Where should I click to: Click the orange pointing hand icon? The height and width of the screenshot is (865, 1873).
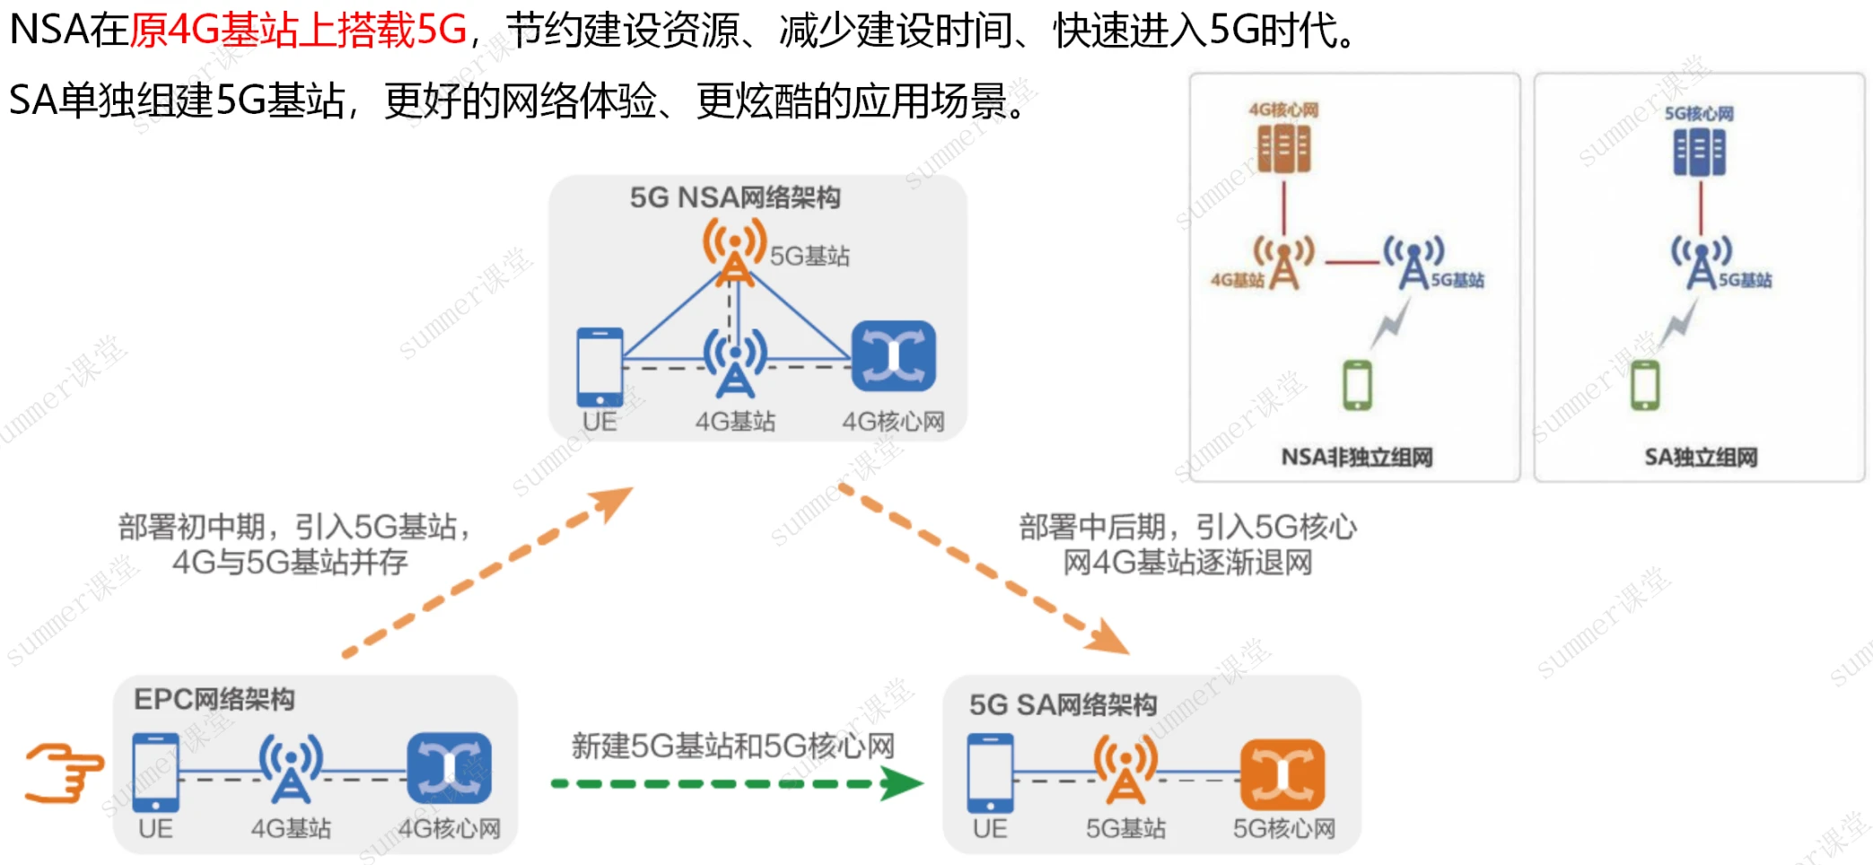(63, 773)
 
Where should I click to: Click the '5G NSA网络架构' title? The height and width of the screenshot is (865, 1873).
(734, 197)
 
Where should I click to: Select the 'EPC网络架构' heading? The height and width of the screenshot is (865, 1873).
(214, 699)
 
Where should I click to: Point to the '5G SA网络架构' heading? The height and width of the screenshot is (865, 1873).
(1063, 704)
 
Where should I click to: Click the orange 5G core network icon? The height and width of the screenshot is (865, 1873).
(1282, 773)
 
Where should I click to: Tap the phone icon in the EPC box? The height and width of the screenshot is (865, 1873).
(155, 773)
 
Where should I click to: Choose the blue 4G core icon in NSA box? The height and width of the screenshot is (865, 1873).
(893, 356)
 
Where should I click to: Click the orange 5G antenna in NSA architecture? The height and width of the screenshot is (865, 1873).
(734, 251)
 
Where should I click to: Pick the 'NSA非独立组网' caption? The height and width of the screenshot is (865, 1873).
(1356, 458)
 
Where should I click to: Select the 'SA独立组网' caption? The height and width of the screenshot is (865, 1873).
(1700, 458)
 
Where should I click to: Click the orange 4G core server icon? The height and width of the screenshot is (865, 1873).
(1283, 149)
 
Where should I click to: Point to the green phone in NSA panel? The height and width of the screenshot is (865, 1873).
(1357, 385)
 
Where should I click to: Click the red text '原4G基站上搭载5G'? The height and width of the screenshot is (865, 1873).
(299, 30)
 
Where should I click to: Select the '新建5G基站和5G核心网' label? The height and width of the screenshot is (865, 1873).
(732, 746)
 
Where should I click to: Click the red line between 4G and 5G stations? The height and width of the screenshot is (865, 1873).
(1352, 262)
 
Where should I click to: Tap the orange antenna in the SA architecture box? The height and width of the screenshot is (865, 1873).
(1125, 769)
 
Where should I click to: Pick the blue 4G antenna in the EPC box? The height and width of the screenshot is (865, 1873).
(291, 767)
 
